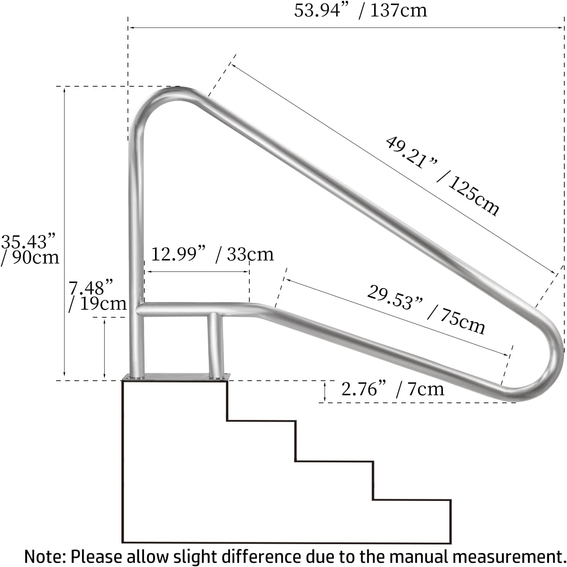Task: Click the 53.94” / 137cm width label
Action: click(x=360, y=10)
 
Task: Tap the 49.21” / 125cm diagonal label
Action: click(x=442, y=176)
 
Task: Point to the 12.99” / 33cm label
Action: click(x=212, y=254)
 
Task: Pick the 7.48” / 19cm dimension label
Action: click(x=97, y=296)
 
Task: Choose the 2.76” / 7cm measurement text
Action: click(x=393, y=389)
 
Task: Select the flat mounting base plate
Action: click(x=176, y=377)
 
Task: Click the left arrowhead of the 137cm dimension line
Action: click(x=130, y=27)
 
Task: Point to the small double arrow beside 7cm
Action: click(x=325, y=391)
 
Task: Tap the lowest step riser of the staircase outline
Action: click(x=451, y=521)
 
